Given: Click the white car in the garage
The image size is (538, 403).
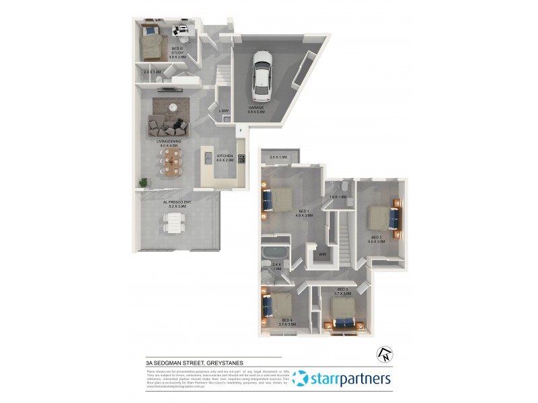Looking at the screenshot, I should coord(261,73).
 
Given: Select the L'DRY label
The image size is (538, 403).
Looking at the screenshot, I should coord(224,111).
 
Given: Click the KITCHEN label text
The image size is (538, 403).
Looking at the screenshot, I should coord(225,157).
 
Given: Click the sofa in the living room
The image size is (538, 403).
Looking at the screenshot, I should coord(165,124).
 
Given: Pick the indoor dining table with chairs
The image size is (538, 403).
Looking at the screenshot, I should coord(173,159).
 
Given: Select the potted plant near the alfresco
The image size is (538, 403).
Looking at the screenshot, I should coord(143,181).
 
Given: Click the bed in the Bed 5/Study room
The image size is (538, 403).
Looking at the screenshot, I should coord(153,46).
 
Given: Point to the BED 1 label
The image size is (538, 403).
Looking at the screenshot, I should coord(305,212).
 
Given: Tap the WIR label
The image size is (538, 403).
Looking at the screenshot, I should coord(322,255).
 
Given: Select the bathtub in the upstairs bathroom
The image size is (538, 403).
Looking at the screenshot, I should coord(276,254).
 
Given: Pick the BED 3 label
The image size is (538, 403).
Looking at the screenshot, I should coord(343,289).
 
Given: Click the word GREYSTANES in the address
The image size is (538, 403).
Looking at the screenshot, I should coord(229,362).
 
